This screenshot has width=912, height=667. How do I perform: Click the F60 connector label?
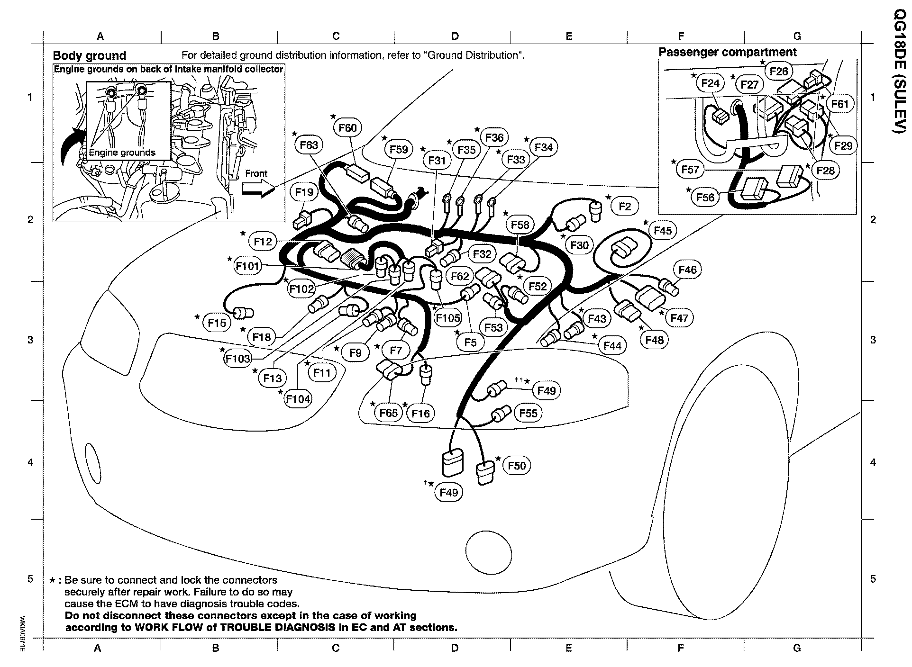(x=348, y=128)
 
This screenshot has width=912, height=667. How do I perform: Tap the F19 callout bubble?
(x=304, y=192)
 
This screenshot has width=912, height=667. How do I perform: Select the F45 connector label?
(x=663, y=231)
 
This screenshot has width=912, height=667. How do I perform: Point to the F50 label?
(x=517, y=466)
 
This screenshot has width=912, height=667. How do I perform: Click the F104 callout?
(x=298, y=399)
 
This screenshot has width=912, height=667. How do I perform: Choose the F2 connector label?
(x=625, y=206)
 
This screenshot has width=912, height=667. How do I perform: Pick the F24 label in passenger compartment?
(x=710, y=84)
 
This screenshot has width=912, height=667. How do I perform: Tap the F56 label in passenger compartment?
(x=705, y=198)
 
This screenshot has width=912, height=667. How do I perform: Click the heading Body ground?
(x=89, y=56)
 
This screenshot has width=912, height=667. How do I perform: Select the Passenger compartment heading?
(x=728, y=52)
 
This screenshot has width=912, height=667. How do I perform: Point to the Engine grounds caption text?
(x=122, y=153)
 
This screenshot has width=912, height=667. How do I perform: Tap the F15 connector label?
(x=218, y=323)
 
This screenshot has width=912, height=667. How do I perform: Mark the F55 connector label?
(x=528, y=413)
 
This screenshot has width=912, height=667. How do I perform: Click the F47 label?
(x=679, y=318)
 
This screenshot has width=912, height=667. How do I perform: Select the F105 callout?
(x=448, y=318)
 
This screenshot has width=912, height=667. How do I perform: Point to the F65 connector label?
(x=389, y=413)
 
